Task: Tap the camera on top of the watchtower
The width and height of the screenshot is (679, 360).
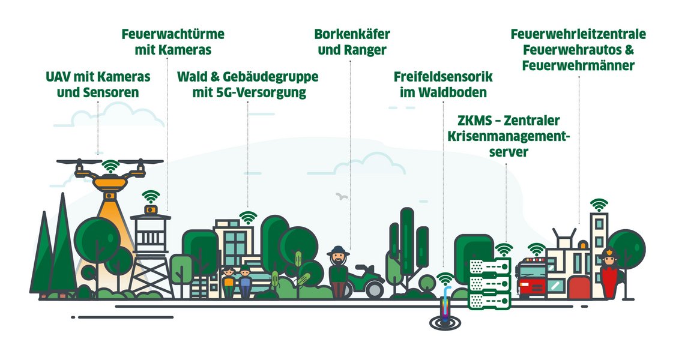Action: (x=150, y=209)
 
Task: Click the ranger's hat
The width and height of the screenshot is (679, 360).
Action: (x=339, y=250)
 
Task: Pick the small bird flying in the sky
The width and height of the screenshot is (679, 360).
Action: (x=342, y=196)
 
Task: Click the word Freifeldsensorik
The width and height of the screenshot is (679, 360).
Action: (x=443, y=77)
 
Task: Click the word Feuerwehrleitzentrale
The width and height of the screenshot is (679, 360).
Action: (x=578, y=34)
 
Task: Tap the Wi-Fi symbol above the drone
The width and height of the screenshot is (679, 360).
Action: (x=110, y=165)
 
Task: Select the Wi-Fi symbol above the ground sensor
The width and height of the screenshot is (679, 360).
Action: (x=445, y=278)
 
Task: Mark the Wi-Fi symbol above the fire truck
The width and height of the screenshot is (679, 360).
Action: (x=536, y=248)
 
